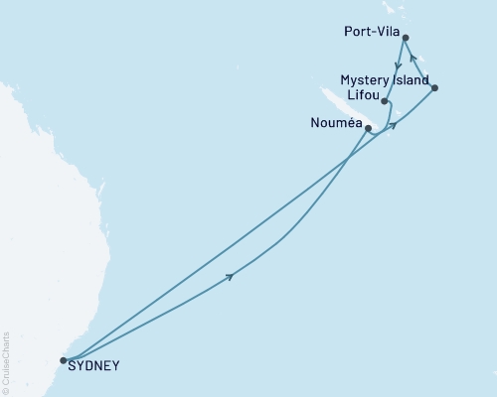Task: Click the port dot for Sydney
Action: [x=64, y=361]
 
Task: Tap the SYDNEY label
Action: [x=94, y=366]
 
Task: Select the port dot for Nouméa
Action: [x=369, y=129]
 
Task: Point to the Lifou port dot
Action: [x=385, y=101]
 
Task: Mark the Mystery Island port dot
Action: [x=434, y=88]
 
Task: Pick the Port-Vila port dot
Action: [x=403, y=38]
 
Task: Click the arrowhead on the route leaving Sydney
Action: [x=232, y=276]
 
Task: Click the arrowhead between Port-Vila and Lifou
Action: [x=398, y=66]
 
